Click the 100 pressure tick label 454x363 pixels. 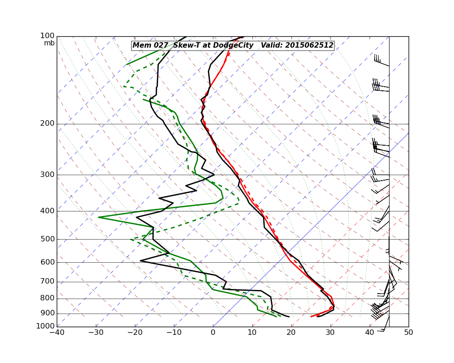pos(48,36)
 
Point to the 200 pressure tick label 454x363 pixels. pos(48,123)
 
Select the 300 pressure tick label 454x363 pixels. pos(48,175)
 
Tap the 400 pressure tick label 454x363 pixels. pos(48,211)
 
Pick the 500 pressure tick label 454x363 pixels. pos(48,239)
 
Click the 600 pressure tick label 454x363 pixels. pos(48,262)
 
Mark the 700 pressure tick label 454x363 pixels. pos(48,282)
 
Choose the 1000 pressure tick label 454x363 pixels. pos(46,326)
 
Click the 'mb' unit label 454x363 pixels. pos(49,43)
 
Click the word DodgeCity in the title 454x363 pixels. pos(233,45)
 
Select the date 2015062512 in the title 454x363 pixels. pos(309,45)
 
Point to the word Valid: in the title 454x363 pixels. pos(271,45)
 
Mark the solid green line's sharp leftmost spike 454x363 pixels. pos(99,217)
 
